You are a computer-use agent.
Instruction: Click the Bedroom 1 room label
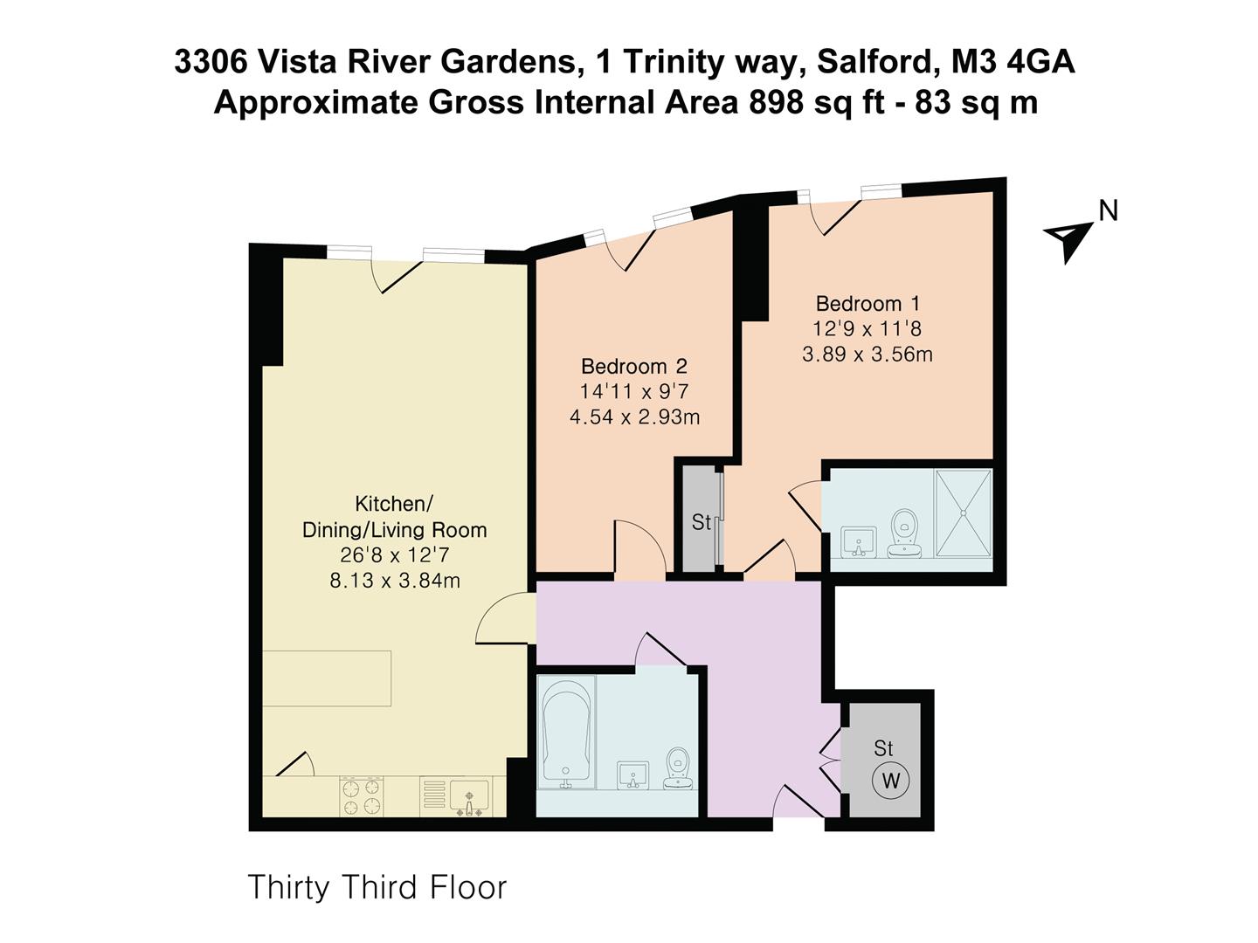click(x=867, y=304)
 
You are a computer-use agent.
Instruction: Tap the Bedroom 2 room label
click(x=634, y=367)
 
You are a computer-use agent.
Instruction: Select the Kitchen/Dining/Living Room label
click(x=394, y=517)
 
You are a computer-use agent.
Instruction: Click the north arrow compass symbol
click(x=1068, y=238)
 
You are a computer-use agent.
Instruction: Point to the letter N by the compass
click(x=1108, y=211)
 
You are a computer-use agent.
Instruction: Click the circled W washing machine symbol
click(x=890, y=780)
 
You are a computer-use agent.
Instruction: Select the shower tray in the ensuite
click(x=964, y=513)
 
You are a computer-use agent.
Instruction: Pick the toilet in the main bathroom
click(x=678, y=769)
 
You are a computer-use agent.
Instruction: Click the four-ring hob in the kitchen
click(x=362, y=795)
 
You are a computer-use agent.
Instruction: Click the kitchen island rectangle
click(x=326, y=678)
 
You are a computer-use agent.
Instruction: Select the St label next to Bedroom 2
click(x=701, y=523)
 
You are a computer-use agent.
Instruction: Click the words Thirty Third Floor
click(x=377, y=887)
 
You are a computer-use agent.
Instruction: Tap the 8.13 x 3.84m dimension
click(x=394, y=581)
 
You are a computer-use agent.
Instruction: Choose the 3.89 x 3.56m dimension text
click(x=867, y=354)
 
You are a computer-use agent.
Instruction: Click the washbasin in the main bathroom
click(x=633, y=774)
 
